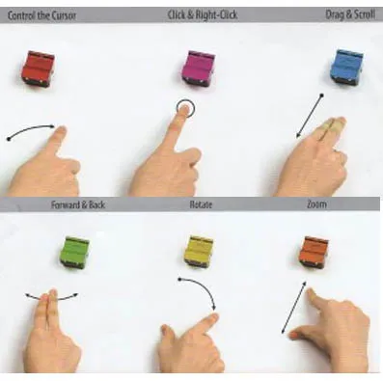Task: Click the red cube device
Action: pos(38,69)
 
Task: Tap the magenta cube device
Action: pos(198,69)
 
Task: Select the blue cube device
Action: pos(347,67)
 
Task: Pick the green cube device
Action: pos(74,253)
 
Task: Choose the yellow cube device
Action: pos(200,252)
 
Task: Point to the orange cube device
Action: pos(314,253)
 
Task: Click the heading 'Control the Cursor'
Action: pos(42,15)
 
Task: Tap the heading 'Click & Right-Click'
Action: pos(203,14)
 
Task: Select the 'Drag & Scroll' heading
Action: pos(350,14)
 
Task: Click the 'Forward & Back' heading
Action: pos(78,204)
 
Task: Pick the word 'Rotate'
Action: pos(201,204)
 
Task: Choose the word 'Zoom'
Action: pos(316,204)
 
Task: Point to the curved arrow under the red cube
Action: pos(31,127)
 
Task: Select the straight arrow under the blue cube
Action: pos(310,116)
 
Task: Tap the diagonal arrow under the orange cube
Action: pos(293,308)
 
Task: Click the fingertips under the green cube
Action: pos(48,294)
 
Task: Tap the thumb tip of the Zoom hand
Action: pos(293,336)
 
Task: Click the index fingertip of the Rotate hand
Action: pos(212,317)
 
